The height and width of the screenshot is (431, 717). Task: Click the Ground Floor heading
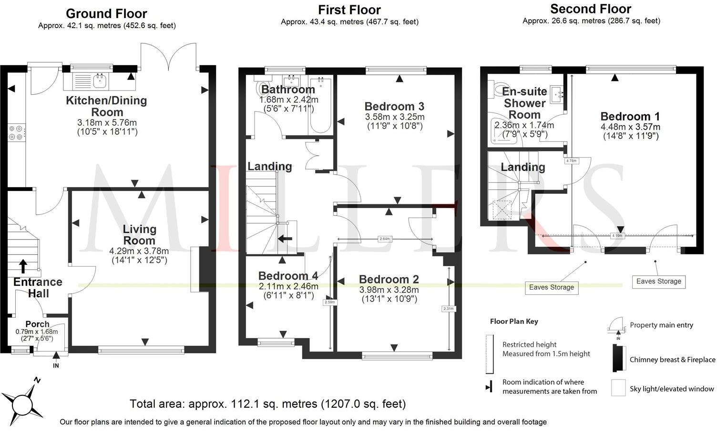106,14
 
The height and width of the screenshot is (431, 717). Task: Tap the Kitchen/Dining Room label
106,106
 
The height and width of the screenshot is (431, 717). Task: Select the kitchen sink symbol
100,81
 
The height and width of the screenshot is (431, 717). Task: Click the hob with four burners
16,132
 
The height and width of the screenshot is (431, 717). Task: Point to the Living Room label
139,234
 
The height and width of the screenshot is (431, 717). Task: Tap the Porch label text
37,324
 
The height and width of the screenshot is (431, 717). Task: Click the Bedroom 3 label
394,106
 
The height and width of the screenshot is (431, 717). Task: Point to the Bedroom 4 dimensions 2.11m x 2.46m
288,286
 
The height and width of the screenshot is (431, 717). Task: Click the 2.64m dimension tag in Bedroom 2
385,239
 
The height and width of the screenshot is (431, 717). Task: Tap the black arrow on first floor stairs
286,239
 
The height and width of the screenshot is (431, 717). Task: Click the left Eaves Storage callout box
551,287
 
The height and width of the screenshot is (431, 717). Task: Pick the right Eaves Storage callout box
658,281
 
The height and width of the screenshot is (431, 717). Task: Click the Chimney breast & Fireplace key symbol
618,359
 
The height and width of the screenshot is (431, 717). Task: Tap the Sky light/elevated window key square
618,388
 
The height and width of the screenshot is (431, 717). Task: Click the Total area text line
267,404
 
